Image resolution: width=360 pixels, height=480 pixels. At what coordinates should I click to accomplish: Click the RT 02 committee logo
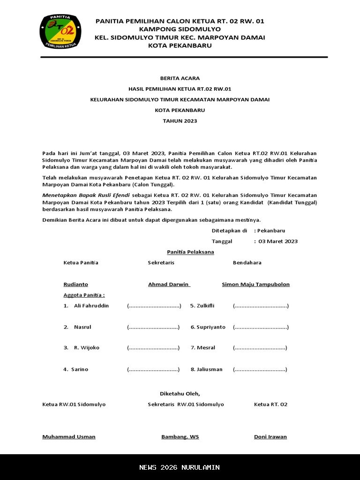click(60, 31)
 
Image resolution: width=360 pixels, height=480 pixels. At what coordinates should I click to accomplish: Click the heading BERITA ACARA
click(180, 78)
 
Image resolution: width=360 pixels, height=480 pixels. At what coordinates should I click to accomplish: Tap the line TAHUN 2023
click(180, 121)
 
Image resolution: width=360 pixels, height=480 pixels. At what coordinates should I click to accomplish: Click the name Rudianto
click(76, 285)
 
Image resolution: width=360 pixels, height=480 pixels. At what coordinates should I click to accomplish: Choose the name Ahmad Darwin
click(169, 285)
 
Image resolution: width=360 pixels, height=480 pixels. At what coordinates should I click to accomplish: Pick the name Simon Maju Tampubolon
click(255, 285)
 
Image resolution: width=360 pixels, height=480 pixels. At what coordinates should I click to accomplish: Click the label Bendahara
click(247, 262)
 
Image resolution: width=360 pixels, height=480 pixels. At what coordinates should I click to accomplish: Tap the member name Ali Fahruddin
click(91, 306)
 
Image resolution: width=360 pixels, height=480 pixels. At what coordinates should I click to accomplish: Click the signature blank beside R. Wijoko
click(153, 348)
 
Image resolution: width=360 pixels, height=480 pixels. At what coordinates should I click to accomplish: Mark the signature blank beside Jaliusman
click(260, 369)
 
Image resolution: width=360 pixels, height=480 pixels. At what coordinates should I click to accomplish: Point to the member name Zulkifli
click(205, 306)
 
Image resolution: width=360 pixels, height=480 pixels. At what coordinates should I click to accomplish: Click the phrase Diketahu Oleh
click(180, 394)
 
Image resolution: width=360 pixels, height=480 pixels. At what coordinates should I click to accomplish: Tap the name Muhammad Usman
click(69, 437)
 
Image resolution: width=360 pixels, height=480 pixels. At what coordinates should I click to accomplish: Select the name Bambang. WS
click(180, 437)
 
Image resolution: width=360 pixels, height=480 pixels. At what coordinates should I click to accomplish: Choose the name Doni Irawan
click(270, 437)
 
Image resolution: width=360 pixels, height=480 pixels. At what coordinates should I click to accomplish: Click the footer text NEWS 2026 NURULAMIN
click(180, 467)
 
